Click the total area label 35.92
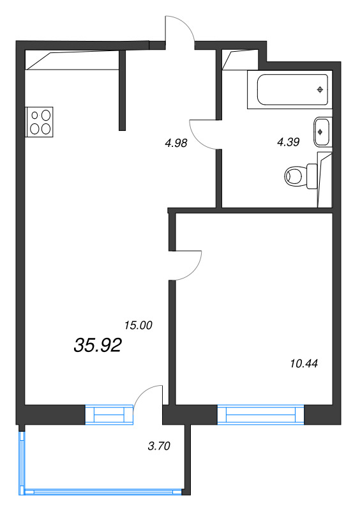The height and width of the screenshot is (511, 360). click(98, 346)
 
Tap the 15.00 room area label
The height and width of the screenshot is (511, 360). click(138, 325)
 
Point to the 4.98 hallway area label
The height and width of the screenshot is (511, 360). click(176, 143)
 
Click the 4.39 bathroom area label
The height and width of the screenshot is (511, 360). click(288, 142)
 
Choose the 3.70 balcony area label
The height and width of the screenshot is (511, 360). click(159, 446)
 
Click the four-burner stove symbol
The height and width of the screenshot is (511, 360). click(40, 122)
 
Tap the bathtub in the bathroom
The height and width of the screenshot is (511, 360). click(289, 90)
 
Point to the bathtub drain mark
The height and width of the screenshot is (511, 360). click(319, 90)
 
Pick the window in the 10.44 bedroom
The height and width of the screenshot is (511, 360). click(260, 415)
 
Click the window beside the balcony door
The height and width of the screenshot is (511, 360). click(112, 415)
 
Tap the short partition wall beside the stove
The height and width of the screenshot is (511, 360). click(122, 89)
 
